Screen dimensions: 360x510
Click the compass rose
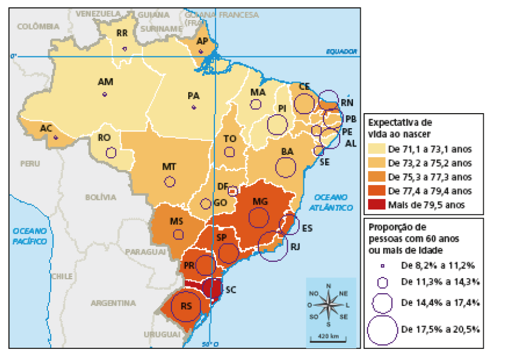click(x=328, y=305)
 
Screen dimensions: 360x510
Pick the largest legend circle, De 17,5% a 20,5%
click(x=382, y=329)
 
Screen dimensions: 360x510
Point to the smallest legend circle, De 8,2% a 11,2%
click(x=382, y=265)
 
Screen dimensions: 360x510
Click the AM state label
click(x=105, y=82)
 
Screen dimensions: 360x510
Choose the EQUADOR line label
click(x=341, y=51)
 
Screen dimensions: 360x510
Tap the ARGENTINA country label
click(x=113, y=304)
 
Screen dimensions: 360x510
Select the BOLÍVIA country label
click(x=100, y=197)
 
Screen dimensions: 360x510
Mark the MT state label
click(x=169, y=167)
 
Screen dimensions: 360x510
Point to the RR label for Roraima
click(x=122, y=33)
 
